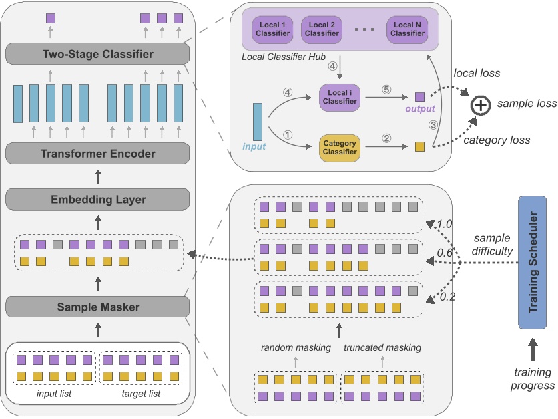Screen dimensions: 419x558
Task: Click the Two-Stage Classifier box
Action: click(98, 54)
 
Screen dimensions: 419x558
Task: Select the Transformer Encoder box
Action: click(98, 154)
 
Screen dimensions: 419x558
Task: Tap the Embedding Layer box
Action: click(98, 199)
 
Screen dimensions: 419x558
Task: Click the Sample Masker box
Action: click(98, 307)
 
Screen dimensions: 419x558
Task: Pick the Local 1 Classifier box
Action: click(270, 29)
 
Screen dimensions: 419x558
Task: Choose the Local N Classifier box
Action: click(408, 29)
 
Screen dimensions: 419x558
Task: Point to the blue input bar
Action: click(258, 122)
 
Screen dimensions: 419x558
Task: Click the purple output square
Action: click(419, 97)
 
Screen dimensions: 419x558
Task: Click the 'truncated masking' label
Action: click(382, 347)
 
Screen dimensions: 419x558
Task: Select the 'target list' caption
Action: click(140, 394)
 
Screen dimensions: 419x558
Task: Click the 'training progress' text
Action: click(533, 378)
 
